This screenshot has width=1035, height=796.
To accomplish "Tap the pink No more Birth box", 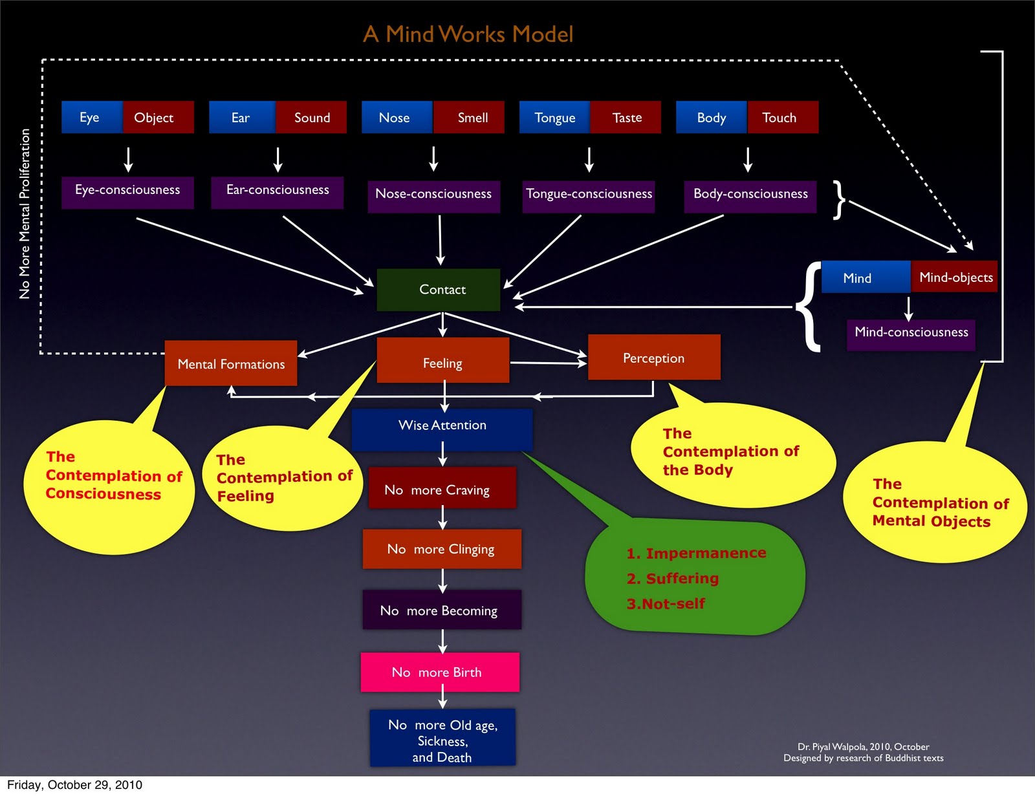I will click(x=440, y=672).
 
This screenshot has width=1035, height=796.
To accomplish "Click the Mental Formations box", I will click(x=231, y=363).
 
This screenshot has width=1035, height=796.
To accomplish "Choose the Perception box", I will click(x=653, y=358).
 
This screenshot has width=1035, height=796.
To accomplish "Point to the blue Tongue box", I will click(x=554, y=118).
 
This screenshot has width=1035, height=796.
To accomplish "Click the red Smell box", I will click(x=472, y=118).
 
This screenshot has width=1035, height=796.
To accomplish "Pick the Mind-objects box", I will click(x=955, y=277).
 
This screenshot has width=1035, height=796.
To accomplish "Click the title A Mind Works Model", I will click(x=468, y=34).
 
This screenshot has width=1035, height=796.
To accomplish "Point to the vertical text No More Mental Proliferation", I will click(x=25, y=213).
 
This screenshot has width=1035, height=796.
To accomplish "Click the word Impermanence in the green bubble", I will click(x=705, y=554).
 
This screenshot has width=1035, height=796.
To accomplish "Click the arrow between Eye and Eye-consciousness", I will click(x=128, y=159).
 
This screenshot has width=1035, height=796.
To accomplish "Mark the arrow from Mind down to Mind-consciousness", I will click(x=908, y=308).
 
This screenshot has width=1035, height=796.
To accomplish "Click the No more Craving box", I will click(x=442, y=489).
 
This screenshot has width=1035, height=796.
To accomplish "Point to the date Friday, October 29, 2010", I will click(x=74, y=785).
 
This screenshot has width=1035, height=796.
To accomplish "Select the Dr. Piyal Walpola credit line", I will click(x=863, y=747).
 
